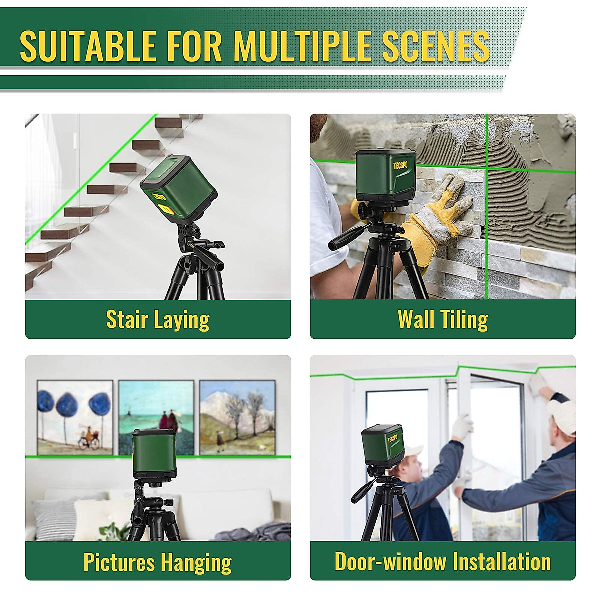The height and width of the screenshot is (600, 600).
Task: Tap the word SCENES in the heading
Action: coord(436,46)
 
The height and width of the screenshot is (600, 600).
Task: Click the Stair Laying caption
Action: coord(158,320)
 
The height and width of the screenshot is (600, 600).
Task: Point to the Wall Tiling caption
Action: coord(443,320)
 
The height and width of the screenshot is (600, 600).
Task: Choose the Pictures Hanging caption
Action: coord(158,562)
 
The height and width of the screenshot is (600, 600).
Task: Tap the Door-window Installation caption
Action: coord(443,562)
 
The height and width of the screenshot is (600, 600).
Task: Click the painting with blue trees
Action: coord(75,417)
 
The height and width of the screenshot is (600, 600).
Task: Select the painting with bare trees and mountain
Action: coord(237,417)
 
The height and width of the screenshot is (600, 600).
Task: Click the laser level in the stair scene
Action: coord(179,185)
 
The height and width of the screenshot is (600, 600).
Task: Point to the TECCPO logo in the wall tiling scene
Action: coord(400,165)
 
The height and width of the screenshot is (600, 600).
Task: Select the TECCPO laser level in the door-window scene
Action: coord(382,445)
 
